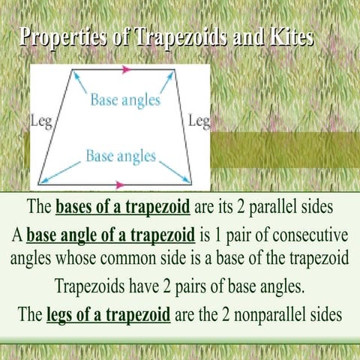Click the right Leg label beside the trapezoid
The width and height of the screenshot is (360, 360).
199,121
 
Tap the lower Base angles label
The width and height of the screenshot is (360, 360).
121,156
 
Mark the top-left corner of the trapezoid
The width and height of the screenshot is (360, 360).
73,70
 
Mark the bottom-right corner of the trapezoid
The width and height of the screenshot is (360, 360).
191,184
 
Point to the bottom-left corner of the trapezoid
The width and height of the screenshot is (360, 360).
39,184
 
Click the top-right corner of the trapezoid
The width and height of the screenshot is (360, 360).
175,70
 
